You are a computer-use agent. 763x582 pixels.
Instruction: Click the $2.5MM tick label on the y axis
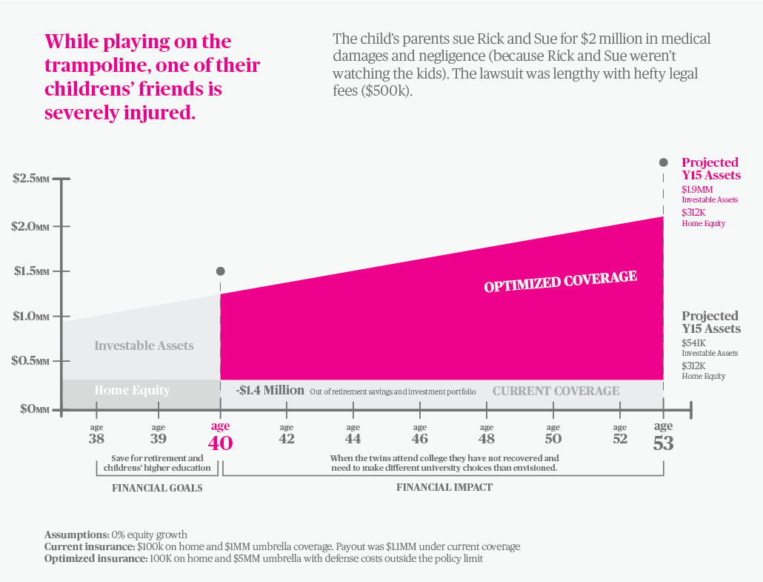pyautogui.click(x=30, y=179)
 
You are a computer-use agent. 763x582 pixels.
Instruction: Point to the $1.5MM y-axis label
pyautogui.click(x=30, y=271)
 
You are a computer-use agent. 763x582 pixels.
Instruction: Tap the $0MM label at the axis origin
pyautogui.click(x=30, y=409)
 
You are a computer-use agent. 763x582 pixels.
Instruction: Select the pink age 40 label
pyautogui.click(x=220, y=437)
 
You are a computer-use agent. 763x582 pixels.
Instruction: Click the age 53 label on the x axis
pyautogui.click(x=663, y=437)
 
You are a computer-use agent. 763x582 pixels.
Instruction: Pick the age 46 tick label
pyautogui.click(x=420, y=434)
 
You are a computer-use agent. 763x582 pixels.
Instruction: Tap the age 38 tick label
pyautogui.click(x=96, y=434)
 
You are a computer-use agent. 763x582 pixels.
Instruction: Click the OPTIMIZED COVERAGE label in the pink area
pyautogui.click(x=560, y=282)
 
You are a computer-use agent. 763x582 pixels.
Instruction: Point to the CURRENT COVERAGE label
pyautogui.click(x=556, y=391)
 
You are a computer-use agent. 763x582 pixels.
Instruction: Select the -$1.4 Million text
pyautogui.click(x=270, y=390)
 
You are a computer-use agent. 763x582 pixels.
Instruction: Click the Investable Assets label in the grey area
pyautogui.click(x=144, y=345)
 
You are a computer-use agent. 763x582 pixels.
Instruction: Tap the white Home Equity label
pyautogui.click(x=132, y=391)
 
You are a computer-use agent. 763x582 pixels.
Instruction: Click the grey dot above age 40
pyautogui.click(x=220, y=271)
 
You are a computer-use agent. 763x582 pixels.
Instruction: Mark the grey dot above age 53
pyautogui.click(x=664, y=162)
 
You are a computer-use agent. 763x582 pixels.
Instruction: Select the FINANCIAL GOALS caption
pyautogui.click(x=157, y=488)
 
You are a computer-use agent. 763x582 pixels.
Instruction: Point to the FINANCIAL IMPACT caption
pyautogui.click(x=444, y=488)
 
